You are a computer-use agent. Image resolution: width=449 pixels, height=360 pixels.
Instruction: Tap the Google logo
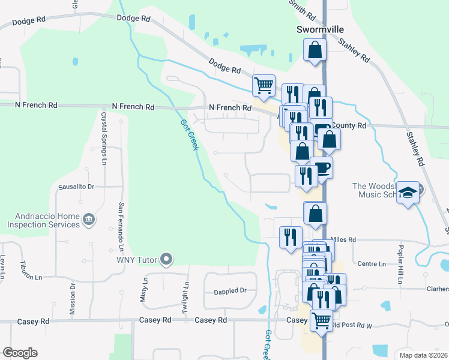(20, 353)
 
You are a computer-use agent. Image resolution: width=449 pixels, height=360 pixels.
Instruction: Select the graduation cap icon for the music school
(408, 193)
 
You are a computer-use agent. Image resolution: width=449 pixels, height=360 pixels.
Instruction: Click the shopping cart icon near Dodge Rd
(264, 86)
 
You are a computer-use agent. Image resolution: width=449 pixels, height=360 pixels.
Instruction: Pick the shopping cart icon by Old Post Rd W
(322, 320)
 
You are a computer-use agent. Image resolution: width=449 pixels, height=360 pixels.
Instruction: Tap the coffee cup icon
(321, 167)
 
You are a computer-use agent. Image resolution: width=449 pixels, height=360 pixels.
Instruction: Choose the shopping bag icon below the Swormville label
(315, 50)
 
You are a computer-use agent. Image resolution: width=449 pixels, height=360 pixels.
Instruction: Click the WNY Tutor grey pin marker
(167, 260)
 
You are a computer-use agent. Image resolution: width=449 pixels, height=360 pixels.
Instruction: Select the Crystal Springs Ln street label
(104, 139)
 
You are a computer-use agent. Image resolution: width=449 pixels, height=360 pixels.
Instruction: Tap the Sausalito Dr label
(76, 187)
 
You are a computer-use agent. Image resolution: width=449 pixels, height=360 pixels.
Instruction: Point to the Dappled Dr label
(231, 291)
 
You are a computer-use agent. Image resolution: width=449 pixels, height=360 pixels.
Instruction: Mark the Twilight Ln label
(187, 299)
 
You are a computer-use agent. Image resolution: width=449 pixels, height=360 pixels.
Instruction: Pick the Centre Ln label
(371, 263)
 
